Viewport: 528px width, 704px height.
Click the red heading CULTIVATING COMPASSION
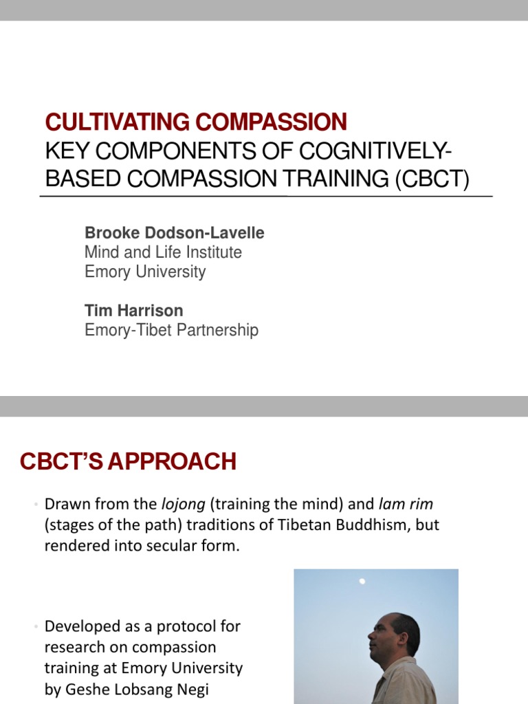(196, 122)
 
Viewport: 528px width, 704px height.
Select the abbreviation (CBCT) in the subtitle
(432, 179)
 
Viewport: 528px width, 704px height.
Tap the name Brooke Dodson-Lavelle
(174, 233)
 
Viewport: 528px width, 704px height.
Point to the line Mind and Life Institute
(163, 252)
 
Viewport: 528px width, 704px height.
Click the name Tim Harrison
(133, 311)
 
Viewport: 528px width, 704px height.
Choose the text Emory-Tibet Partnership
(171, 330)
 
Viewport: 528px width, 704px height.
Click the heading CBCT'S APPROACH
(128, 461)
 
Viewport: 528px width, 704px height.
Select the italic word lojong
(184, 504)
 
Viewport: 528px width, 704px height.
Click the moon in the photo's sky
(362, 582)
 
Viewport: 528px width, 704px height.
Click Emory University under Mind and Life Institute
(145, 272)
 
